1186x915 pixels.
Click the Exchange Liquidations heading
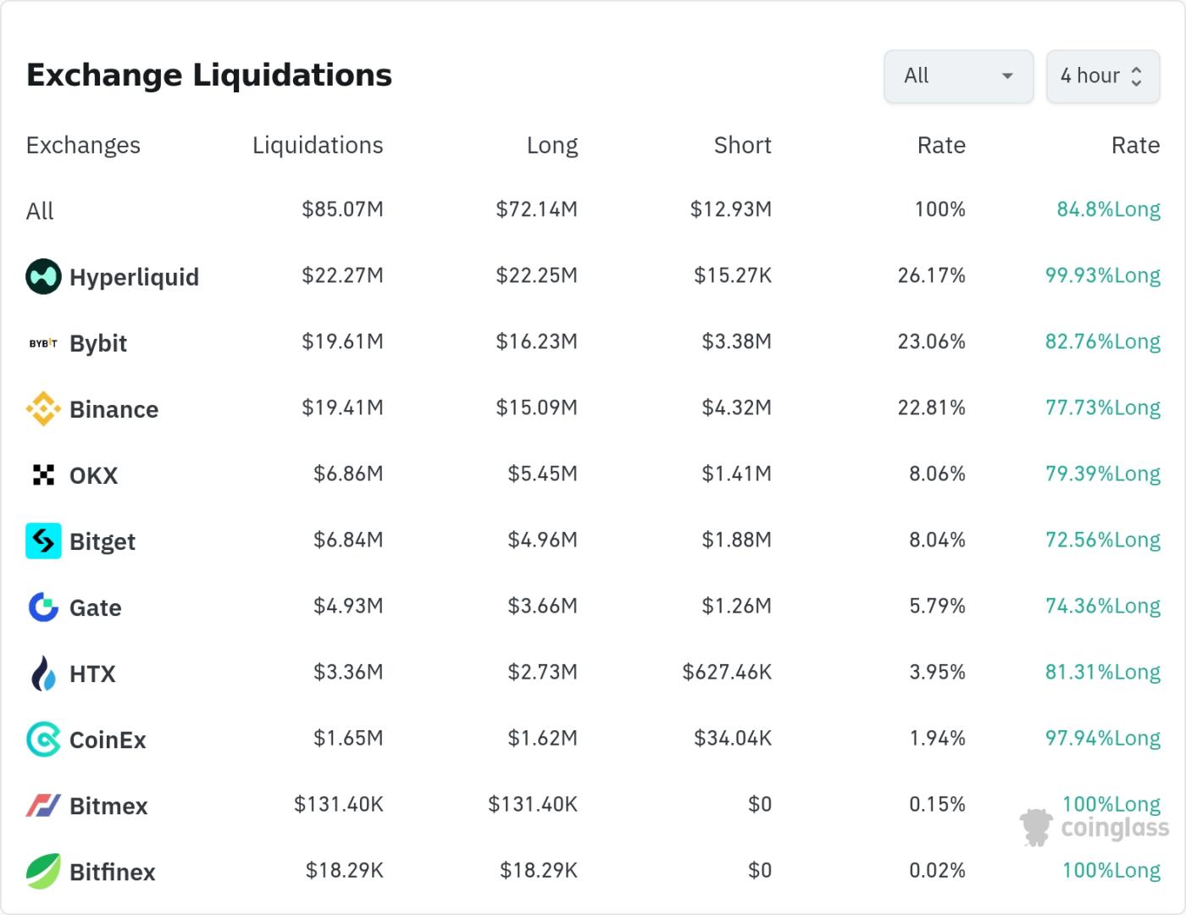click(x=209, y=75)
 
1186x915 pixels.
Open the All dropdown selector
click(x=958, y=76)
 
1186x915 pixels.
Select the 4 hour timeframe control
click(x=1102, y=76)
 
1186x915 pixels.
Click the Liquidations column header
click(x=318, y=146)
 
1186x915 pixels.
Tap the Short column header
click(x=742, y=146)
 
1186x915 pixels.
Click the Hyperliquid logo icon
click(x=43, y=276)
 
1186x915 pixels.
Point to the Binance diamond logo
click(x=43, y=409)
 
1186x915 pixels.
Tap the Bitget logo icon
click(x=43, y=541)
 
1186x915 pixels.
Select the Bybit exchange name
click(x=98, y=343)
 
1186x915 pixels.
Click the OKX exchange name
click(x=93, y=475)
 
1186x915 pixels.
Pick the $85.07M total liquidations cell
click(x=342, y=209)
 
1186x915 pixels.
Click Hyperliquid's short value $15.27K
click(x=733, y=275)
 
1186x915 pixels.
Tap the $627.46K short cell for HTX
click(x=727, y=672)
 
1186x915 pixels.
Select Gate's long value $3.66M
click(x=542, y=606)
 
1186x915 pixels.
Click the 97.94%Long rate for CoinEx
click(x=1102, y=738)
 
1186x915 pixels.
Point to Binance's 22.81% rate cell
click(x=931, y=408)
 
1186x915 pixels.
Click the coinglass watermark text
click(x=1114, y=828)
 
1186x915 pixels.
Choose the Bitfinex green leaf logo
click(x=43, y=871)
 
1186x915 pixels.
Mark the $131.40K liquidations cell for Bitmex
click(x=338, y=804)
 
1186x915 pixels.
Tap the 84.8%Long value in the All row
click(x=1108, y=209)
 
